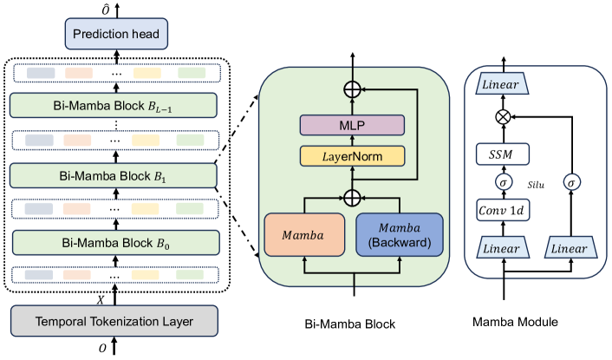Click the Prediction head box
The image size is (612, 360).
coord(113,35)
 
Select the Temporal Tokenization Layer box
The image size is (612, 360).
coord(113,321)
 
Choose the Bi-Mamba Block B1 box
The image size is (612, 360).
coord(113,174)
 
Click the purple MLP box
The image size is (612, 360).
coord(352,125)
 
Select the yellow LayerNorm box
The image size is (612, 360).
coord(352,156)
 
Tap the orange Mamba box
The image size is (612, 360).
coord(304,232)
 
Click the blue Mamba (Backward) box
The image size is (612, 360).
coord(400,232)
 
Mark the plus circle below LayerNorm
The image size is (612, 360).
coord(352,196)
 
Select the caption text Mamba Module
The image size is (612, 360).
coord(515,322)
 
